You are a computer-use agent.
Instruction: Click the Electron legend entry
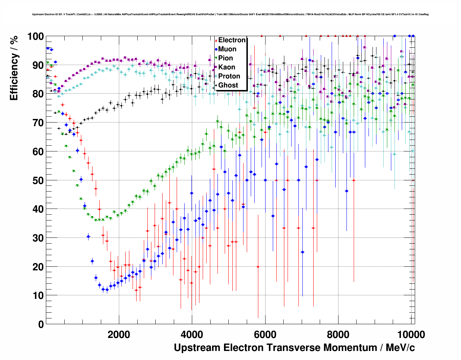point(232,40)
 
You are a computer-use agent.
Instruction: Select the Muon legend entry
point(227,49)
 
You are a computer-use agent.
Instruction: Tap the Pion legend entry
point(225,58)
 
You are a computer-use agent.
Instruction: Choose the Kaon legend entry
point(227,67)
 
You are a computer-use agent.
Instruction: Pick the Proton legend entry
point(229,76)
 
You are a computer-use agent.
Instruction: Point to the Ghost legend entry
point(228,85)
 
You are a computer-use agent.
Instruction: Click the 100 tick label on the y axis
point(35,37)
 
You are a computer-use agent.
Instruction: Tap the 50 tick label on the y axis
point(38,180)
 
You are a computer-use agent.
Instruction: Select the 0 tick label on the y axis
point(41,324)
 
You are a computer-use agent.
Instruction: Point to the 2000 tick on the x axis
point(119,335)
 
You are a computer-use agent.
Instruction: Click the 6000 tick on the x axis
point(265,335)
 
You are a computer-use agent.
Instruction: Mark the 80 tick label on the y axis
point(38,94)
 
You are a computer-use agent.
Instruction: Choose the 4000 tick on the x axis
point(192,335)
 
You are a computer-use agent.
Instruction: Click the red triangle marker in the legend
point(216,40)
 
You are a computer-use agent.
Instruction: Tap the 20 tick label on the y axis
point(38,267)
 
